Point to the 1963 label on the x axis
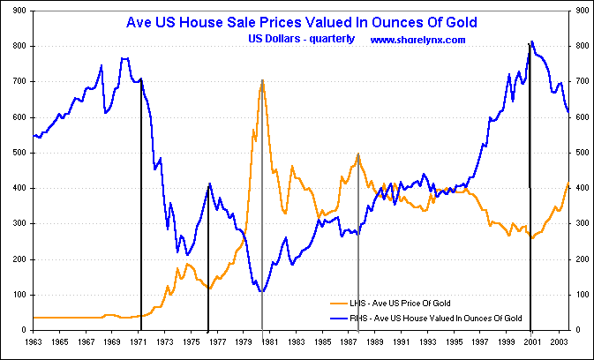(34, 340)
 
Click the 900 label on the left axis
(18, 11)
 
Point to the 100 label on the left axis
(18, 295)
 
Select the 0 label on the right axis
(577, 330)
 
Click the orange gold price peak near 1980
(262, 80)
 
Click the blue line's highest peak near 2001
(530, 41)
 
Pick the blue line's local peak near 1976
(208, 184)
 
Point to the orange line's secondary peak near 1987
(358, 154)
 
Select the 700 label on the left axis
(18, 81)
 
